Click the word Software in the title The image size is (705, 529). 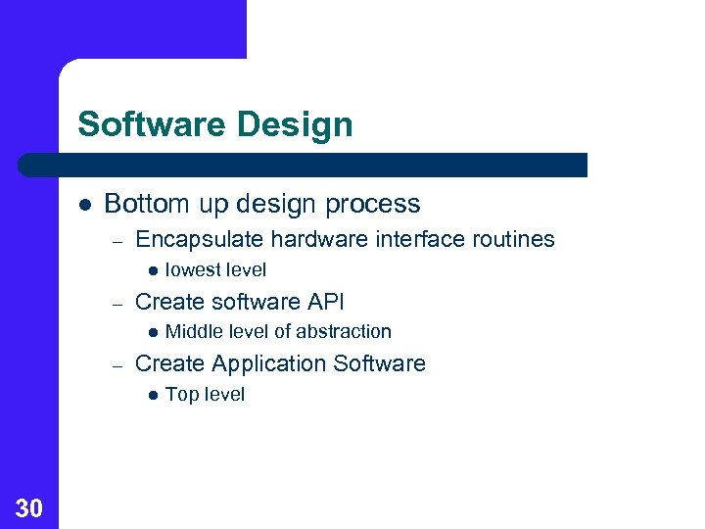[138, 125]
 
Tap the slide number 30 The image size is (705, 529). [29, 507]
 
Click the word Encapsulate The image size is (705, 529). [199, 239]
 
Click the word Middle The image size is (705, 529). [192, 332]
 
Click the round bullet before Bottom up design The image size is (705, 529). [85, 205]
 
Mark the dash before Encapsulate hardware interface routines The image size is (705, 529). [116, 240]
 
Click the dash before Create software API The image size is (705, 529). [116, 303]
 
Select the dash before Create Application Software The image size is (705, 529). [116, 364]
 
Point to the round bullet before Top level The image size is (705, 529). [152, 395]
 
